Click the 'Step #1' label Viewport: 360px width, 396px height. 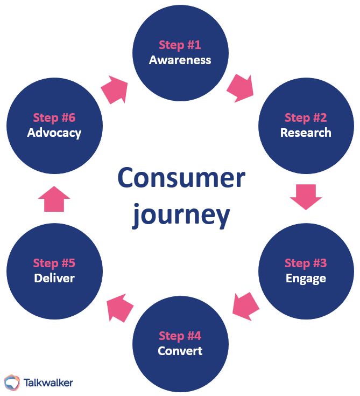[x=180, y=45]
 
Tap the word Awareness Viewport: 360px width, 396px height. [x=180, y=60]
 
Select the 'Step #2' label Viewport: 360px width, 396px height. [x=306, y=117]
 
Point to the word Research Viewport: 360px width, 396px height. [x=306, y=133]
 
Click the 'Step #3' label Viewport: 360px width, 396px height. [x=306, y=263]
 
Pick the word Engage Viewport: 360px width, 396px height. [x=306, y=279]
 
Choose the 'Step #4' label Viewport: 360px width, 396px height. [x=180, y=336]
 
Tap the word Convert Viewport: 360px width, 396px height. [x=180, y=351]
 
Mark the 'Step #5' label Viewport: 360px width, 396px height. [x=54, y=263]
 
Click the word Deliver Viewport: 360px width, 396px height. [x=54, y=279]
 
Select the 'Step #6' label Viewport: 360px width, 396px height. [x=54, y=117]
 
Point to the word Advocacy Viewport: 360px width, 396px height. [x=54, y=133]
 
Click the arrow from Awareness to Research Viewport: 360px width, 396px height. [x=240, y=88]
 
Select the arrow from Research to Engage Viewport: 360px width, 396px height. [x=306, y=197]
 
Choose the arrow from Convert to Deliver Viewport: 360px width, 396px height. [x=120, y=308]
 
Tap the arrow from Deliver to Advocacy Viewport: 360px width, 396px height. [x=54, y=199]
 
